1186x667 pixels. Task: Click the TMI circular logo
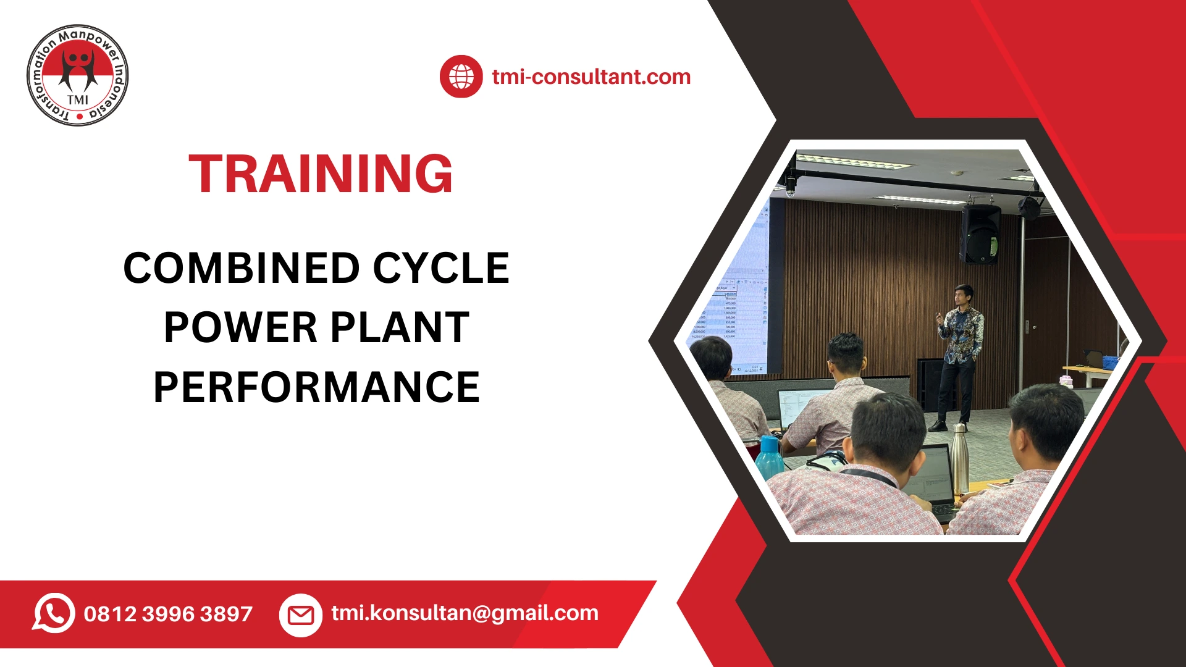pos(78,75)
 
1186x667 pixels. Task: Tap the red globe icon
pos(461,77)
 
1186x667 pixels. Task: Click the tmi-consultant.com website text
pos(591,77)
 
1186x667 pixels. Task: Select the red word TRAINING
pos(321,174)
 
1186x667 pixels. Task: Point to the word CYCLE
pos(441,269)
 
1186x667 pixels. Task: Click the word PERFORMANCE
pos(316,388)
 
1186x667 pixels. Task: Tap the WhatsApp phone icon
pos(54,613)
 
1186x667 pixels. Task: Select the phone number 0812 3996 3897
pos(168,614)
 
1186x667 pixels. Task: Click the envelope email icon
pos(301,615)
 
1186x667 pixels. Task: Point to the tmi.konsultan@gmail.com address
pos(465,613)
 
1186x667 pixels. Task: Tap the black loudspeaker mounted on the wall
pos(980,235)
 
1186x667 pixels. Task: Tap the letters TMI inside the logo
pos(78,99)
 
